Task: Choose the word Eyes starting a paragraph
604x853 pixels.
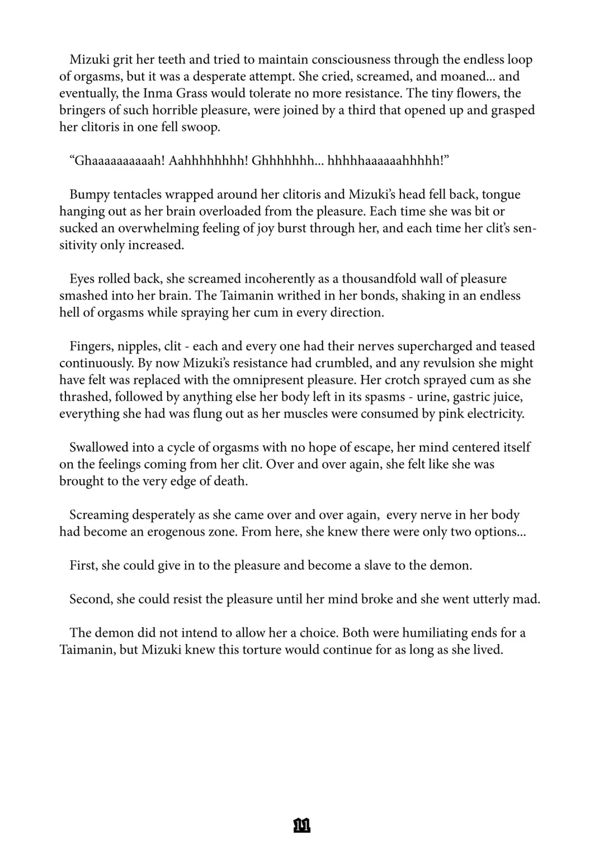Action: [x=82, y=279]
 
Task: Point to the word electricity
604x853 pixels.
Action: [x=493, y=414]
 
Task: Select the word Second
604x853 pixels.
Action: [x=91, y=599]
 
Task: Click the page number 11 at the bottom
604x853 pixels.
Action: [x=301, y=825]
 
